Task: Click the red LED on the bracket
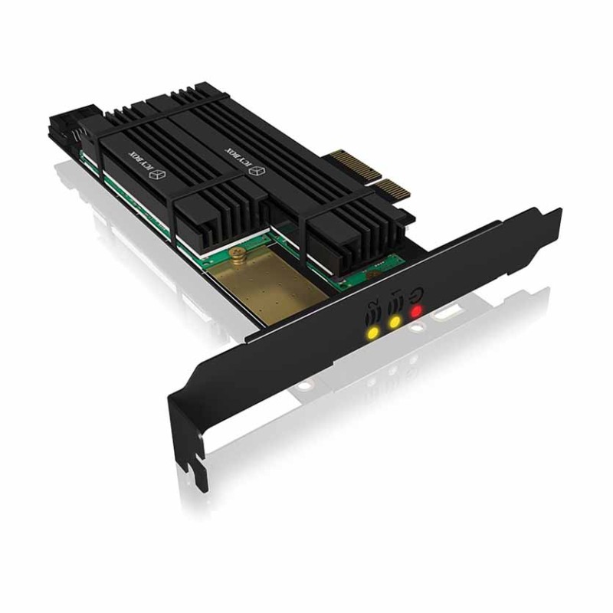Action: pos(416,311)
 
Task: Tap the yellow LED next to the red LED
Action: pos(395,323)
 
